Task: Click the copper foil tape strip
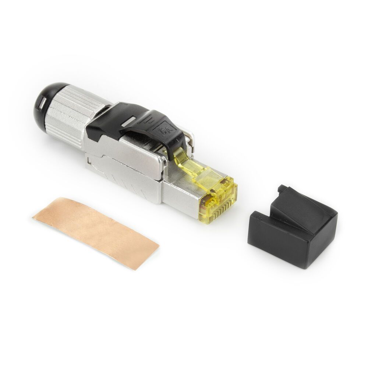point(96,232)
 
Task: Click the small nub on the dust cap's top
point(283,189)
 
